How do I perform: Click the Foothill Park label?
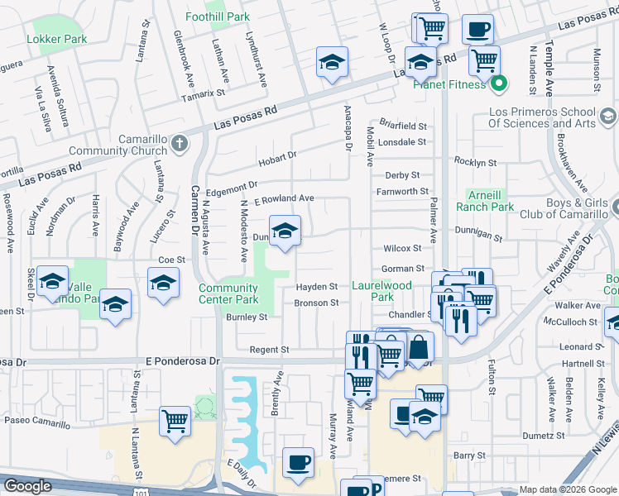(218, 17)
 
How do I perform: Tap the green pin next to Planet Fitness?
(499, 83)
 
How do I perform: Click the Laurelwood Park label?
(381, 291)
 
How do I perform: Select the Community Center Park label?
(228, 293)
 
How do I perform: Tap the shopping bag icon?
(419, 346)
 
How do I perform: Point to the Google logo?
(26, 486)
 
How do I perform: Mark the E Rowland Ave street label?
(284, 198)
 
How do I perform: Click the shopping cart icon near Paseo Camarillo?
(175, 421)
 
